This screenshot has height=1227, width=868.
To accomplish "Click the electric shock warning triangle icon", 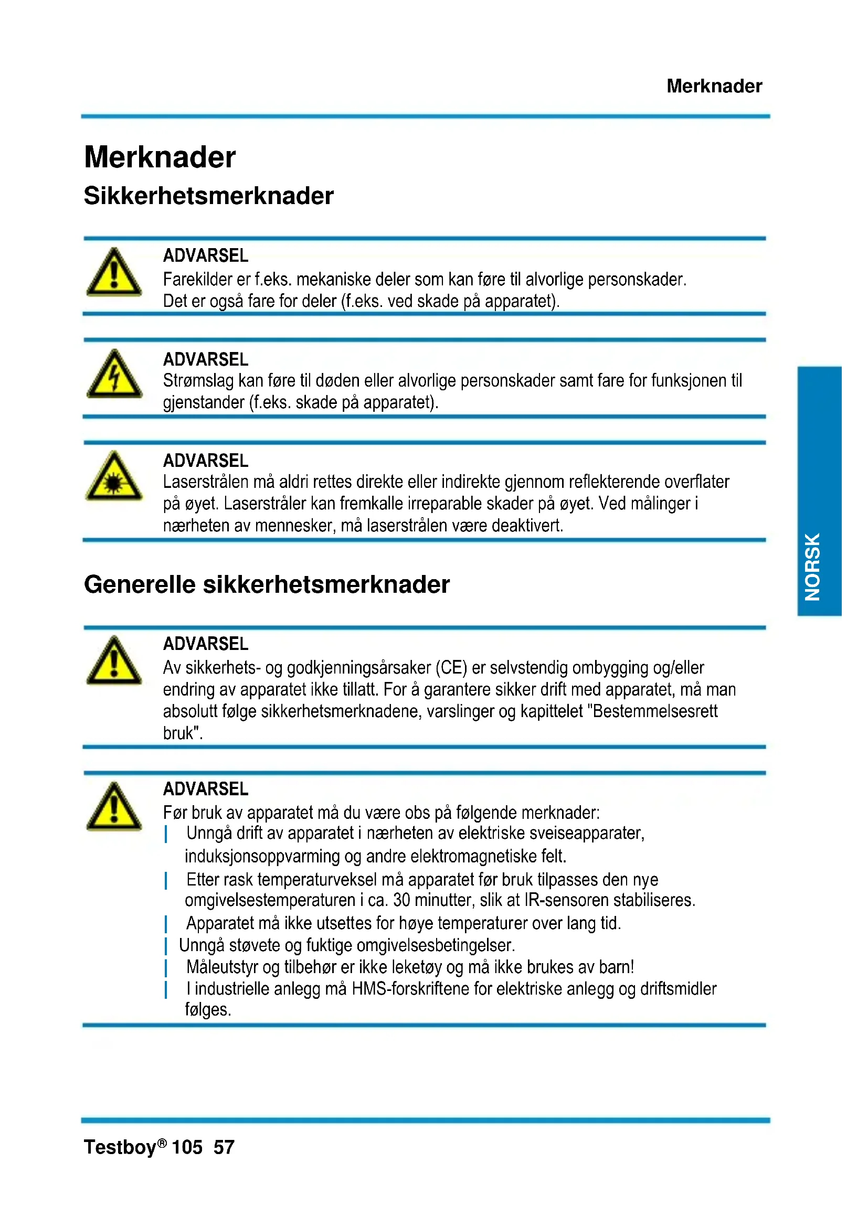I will (114, 375).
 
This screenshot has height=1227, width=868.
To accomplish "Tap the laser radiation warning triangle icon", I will (114, 477).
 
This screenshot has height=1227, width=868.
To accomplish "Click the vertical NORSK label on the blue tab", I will (812, 567).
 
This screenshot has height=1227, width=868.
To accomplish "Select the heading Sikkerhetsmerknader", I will (208, 196).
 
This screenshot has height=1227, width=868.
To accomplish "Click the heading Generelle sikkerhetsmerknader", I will (267, 584).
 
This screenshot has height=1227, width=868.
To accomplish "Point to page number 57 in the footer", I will (224, 1147).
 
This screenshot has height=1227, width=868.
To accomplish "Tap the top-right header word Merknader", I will (714, 86).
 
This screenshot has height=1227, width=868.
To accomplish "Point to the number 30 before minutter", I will (401, 901).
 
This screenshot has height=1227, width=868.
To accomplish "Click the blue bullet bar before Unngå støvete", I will (166, 945).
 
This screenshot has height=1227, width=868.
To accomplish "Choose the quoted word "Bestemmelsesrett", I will (655, 711).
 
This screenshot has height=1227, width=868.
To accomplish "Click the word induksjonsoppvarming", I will (262, 856).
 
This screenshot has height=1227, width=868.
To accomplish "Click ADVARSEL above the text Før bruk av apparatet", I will (206, 789).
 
